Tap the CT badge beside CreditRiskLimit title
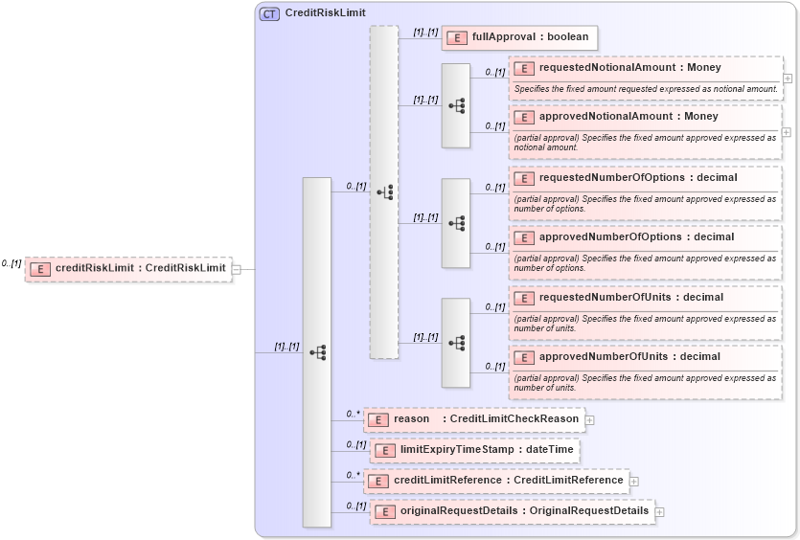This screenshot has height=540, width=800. [x=269, y=14]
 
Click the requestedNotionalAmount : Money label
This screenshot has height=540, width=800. [x=629, y=68]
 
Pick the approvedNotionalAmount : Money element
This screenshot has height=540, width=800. [x=628, y=117]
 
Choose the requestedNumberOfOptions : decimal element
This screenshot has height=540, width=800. [x=638, y=178]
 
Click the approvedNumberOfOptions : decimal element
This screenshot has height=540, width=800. [x=636, y=237]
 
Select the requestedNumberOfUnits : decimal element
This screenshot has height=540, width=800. [x=630, y=297]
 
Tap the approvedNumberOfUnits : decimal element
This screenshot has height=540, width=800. [x=629, y=357]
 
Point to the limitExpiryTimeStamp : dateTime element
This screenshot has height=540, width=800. [x=474, y=450]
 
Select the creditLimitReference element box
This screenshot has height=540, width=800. [x=495, y=481]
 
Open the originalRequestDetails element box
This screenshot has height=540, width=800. [x=512, y=511]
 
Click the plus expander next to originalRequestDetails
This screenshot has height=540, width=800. [x=659, y=512]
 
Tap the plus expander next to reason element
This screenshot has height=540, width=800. [x=590, y=419]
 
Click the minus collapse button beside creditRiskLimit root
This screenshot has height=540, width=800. [x=236, y=269]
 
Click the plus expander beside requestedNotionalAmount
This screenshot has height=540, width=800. [x=787, y=79]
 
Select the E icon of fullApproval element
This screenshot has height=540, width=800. [x=458, y=37]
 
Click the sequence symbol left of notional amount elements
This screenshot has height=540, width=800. [x=456, y=105]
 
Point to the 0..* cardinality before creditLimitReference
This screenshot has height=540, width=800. [x=353, y=475]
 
